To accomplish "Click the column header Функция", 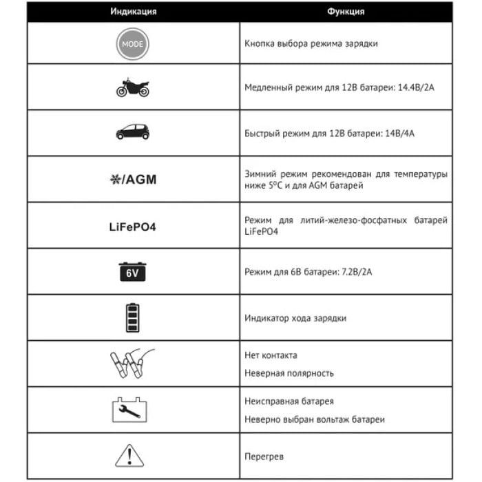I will [346, 12].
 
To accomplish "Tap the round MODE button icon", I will [132, 43].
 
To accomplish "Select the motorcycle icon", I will [132, 87].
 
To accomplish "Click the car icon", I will [132, 132].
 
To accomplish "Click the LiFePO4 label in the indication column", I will [132, 226].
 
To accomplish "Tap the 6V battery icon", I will [132, 271].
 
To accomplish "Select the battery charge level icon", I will [132, 317].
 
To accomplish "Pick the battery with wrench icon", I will [132, 410].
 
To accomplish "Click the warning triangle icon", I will [132, 455].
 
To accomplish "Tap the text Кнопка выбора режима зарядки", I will [311, 43].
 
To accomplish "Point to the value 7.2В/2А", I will [356, 272].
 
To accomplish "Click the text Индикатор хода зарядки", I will [295, 318].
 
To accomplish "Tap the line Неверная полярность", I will [289, 373].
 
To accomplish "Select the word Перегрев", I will [264, 457].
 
